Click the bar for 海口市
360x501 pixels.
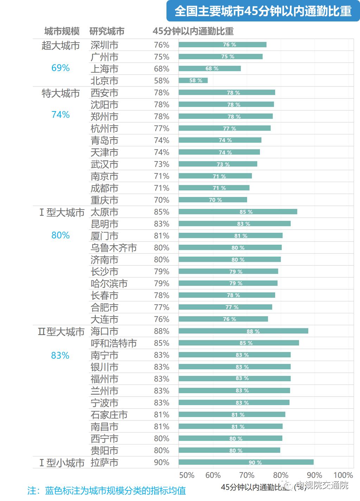click(x=243, y=331)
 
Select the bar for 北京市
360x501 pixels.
click(x=193, y=81)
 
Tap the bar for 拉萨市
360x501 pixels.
click(x=246, y=462)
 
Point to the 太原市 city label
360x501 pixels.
click(x=104, y=212)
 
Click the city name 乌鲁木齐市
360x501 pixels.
click(x=113, y=248)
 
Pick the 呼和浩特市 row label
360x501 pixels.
click(x=113, y=343)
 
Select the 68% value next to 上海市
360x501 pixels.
click(x=162, y=69)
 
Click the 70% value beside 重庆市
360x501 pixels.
click(x=162, y=200)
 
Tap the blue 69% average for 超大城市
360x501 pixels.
click(x=61, y=68)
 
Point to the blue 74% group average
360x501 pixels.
click(x=61, y=115)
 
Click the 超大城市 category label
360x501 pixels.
click(x=61, y=46)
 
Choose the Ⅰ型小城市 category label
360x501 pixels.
click(x=62, y=463)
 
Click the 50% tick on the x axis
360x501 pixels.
click(x=187, y=475)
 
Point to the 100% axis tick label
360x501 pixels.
click(x=343, y=475)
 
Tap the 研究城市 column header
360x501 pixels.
click(x=107, y=31)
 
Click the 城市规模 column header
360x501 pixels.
click(x=62, y=31)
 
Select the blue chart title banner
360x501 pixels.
click(x=263, y=11)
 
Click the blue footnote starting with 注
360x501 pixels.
click(x=106, y=490)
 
